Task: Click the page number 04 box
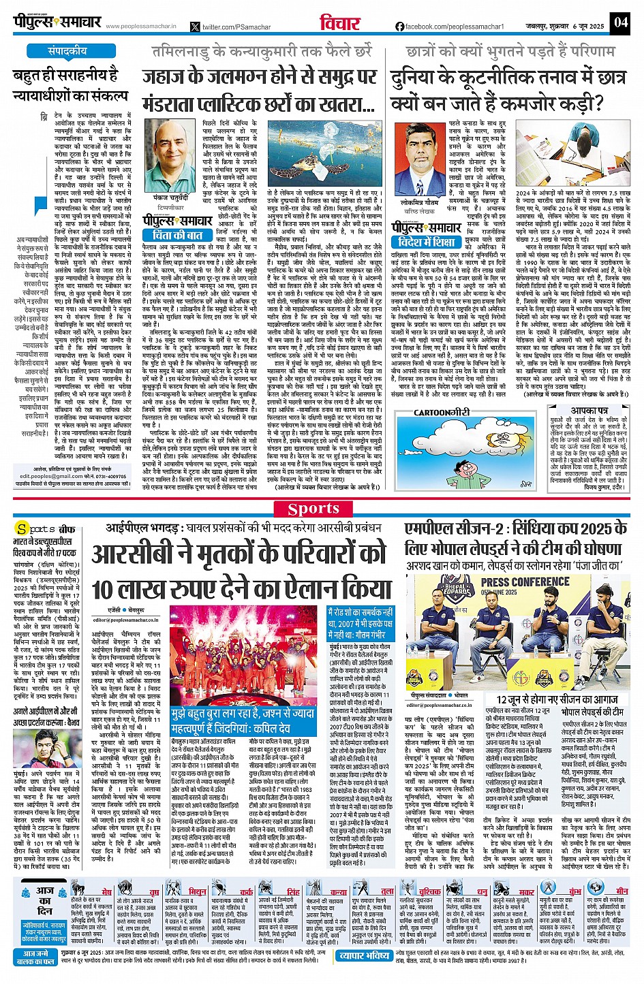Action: [x=619, y=22]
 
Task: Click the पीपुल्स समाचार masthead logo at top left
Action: [x=57, y=22]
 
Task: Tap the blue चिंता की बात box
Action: [x=177, y=235]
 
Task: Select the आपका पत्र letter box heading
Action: [x=589, y=411]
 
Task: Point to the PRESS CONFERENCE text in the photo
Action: [x=525, y=582]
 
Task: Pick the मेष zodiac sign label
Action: [x=106, y=891]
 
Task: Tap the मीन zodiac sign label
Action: [x=622, y=891]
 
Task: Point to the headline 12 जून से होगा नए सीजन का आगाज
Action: [x=557, y=699]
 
